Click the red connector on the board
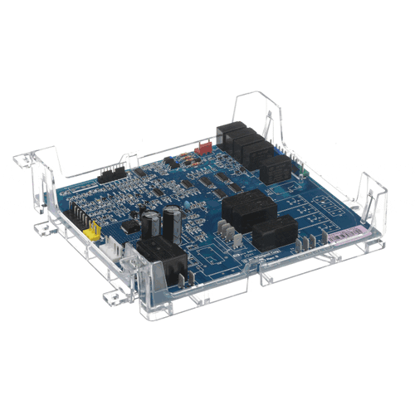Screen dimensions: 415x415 point(198,150)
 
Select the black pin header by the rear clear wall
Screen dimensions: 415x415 point(109,174)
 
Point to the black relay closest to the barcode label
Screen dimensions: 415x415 point(274,233)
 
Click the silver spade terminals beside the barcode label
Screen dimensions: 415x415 point(307,243)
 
